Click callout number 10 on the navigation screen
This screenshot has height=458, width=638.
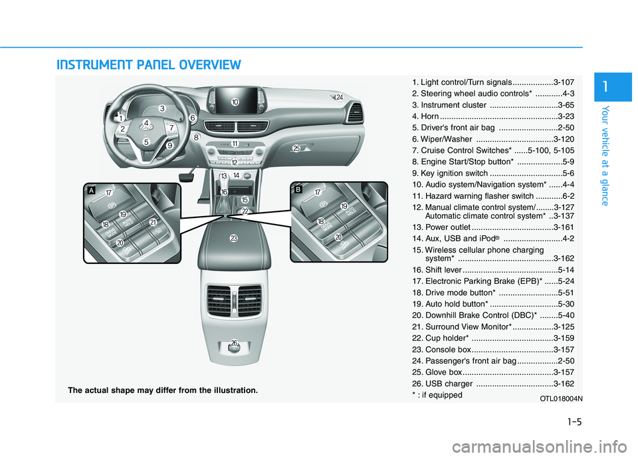tap(235, 102)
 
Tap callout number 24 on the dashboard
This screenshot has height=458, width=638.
tap(339, 98)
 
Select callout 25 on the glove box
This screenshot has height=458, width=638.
tap(296, 148)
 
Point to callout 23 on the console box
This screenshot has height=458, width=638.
tap(234, 238)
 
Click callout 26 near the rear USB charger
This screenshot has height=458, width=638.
tap(234, 342)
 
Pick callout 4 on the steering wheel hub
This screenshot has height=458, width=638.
tap(146, 123)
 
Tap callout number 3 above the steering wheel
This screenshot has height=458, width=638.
tap(161, 108)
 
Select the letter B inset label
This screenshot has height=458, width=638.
tap(298, 189)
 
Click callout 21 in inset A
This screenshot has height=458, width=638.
tap(153, 222)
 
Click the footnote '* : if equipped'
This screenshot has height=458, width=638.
tap(437, 395)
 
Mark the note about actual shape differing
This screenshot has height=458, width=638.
tap(163, 390)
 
